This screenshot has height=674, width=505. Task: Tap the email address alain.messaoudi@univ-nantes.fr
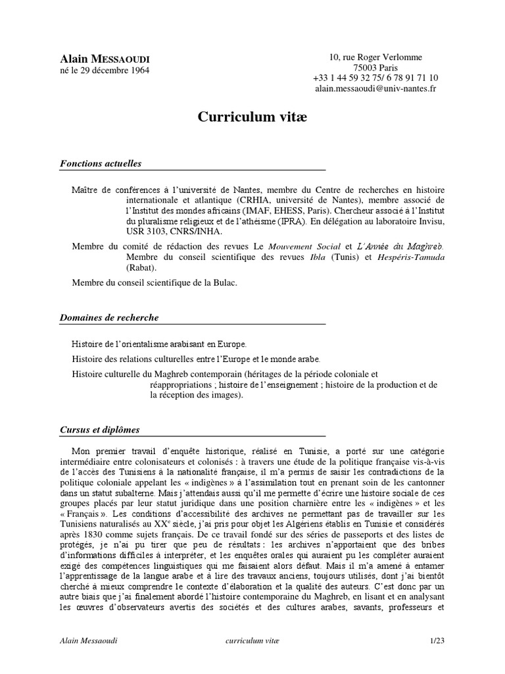click(x=375, y=89)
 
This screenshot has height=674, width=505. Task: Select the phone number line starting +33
click(x=376, y=78)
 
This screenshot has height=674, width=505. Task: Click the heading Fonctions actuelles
click(x=101, y=163)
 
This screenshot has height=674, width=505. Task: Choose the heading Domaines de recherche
click(x=108, y=317)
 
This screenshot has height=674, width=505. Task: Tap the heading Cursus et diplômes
click(x=99, y=430)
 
